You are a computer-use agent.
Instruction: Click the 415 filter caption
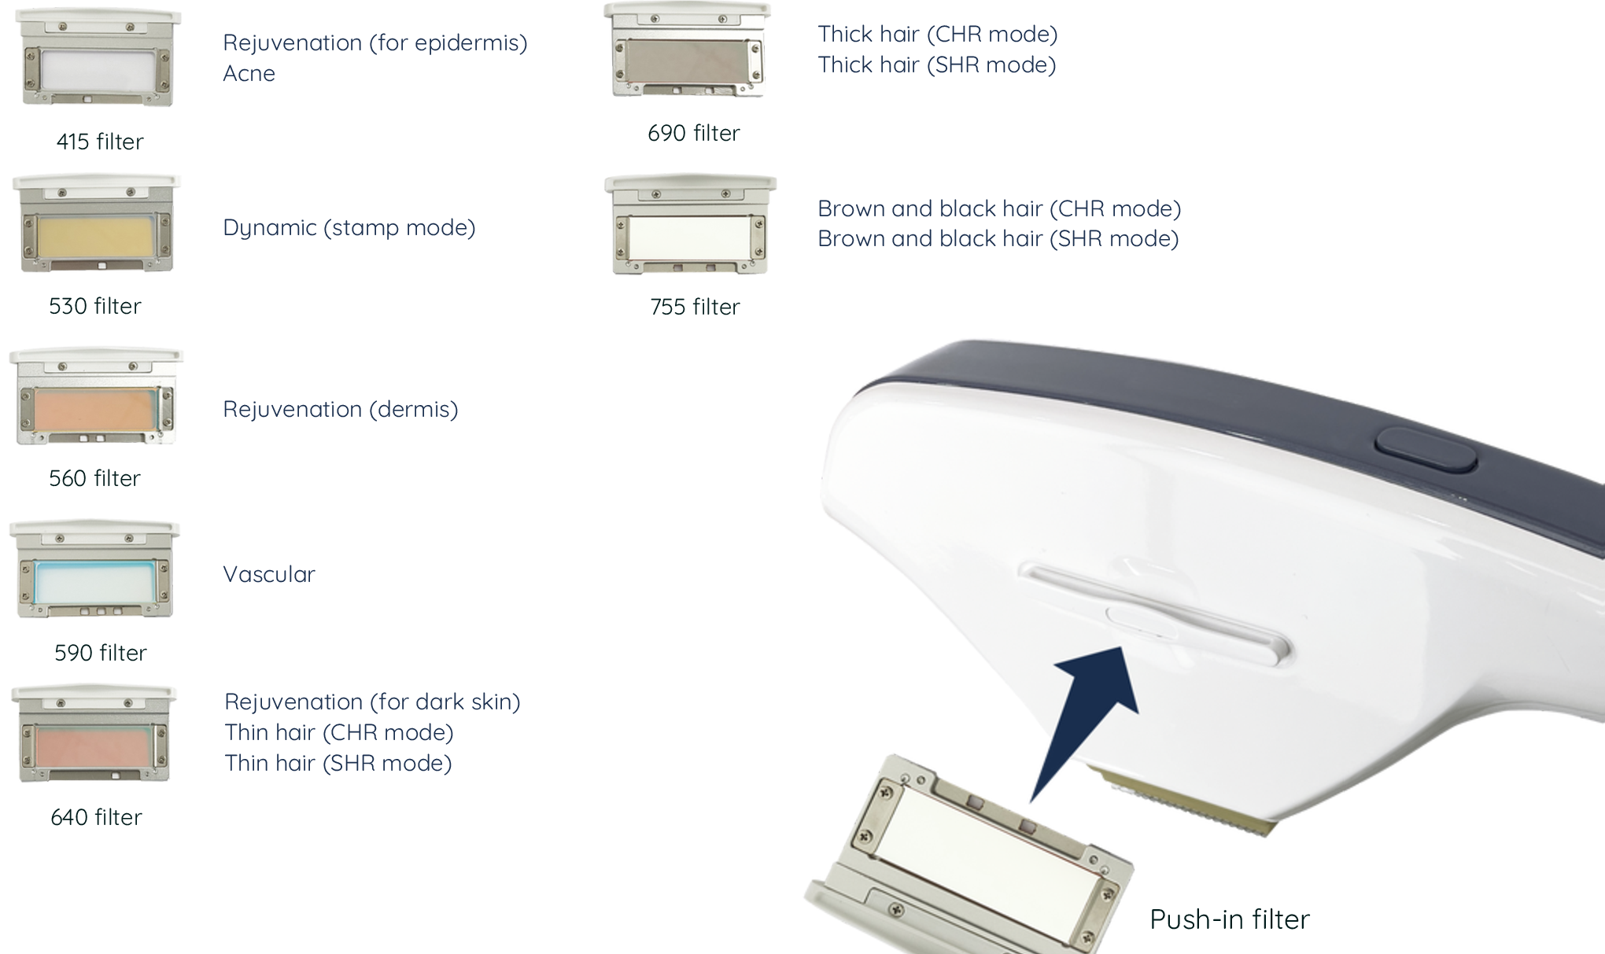click(x=100, y=142)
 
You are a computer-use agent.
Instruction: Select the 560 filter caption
click(x=94, y=478)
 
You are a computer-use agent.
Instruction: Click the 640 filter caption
click(x=96, y=817)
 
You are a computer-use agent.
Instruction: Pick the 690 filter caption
click(x=693, y=133)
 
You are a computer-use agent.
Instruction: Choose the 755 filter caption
click(x=695, y=307)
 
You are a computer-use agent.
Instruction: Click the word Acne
click(x=249, y=73)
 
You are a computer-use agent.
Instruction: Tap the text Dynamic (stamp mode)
click(x=349, y=228)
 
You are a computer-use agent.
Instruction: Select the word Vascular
click(x=269, y=574)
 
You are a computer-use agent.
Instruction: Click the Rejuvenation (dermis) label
click(x=341, y=410)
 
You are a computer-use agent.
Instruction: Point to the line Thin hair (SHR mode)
click(x=338, y=763)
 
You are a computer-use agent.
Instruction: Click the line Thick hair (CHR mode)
click(x=938, y=34)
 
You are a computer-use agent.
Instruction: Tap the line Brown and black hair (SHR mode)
click(x=998, y=238)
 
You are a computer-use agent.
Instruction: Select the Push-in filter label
click(x=1230, y=919)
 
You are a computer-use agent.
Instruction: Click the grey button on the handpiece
click(x=1426, y=450)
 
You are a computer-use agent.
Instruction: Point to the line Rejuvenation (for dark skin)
click(x=372, y=702)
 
